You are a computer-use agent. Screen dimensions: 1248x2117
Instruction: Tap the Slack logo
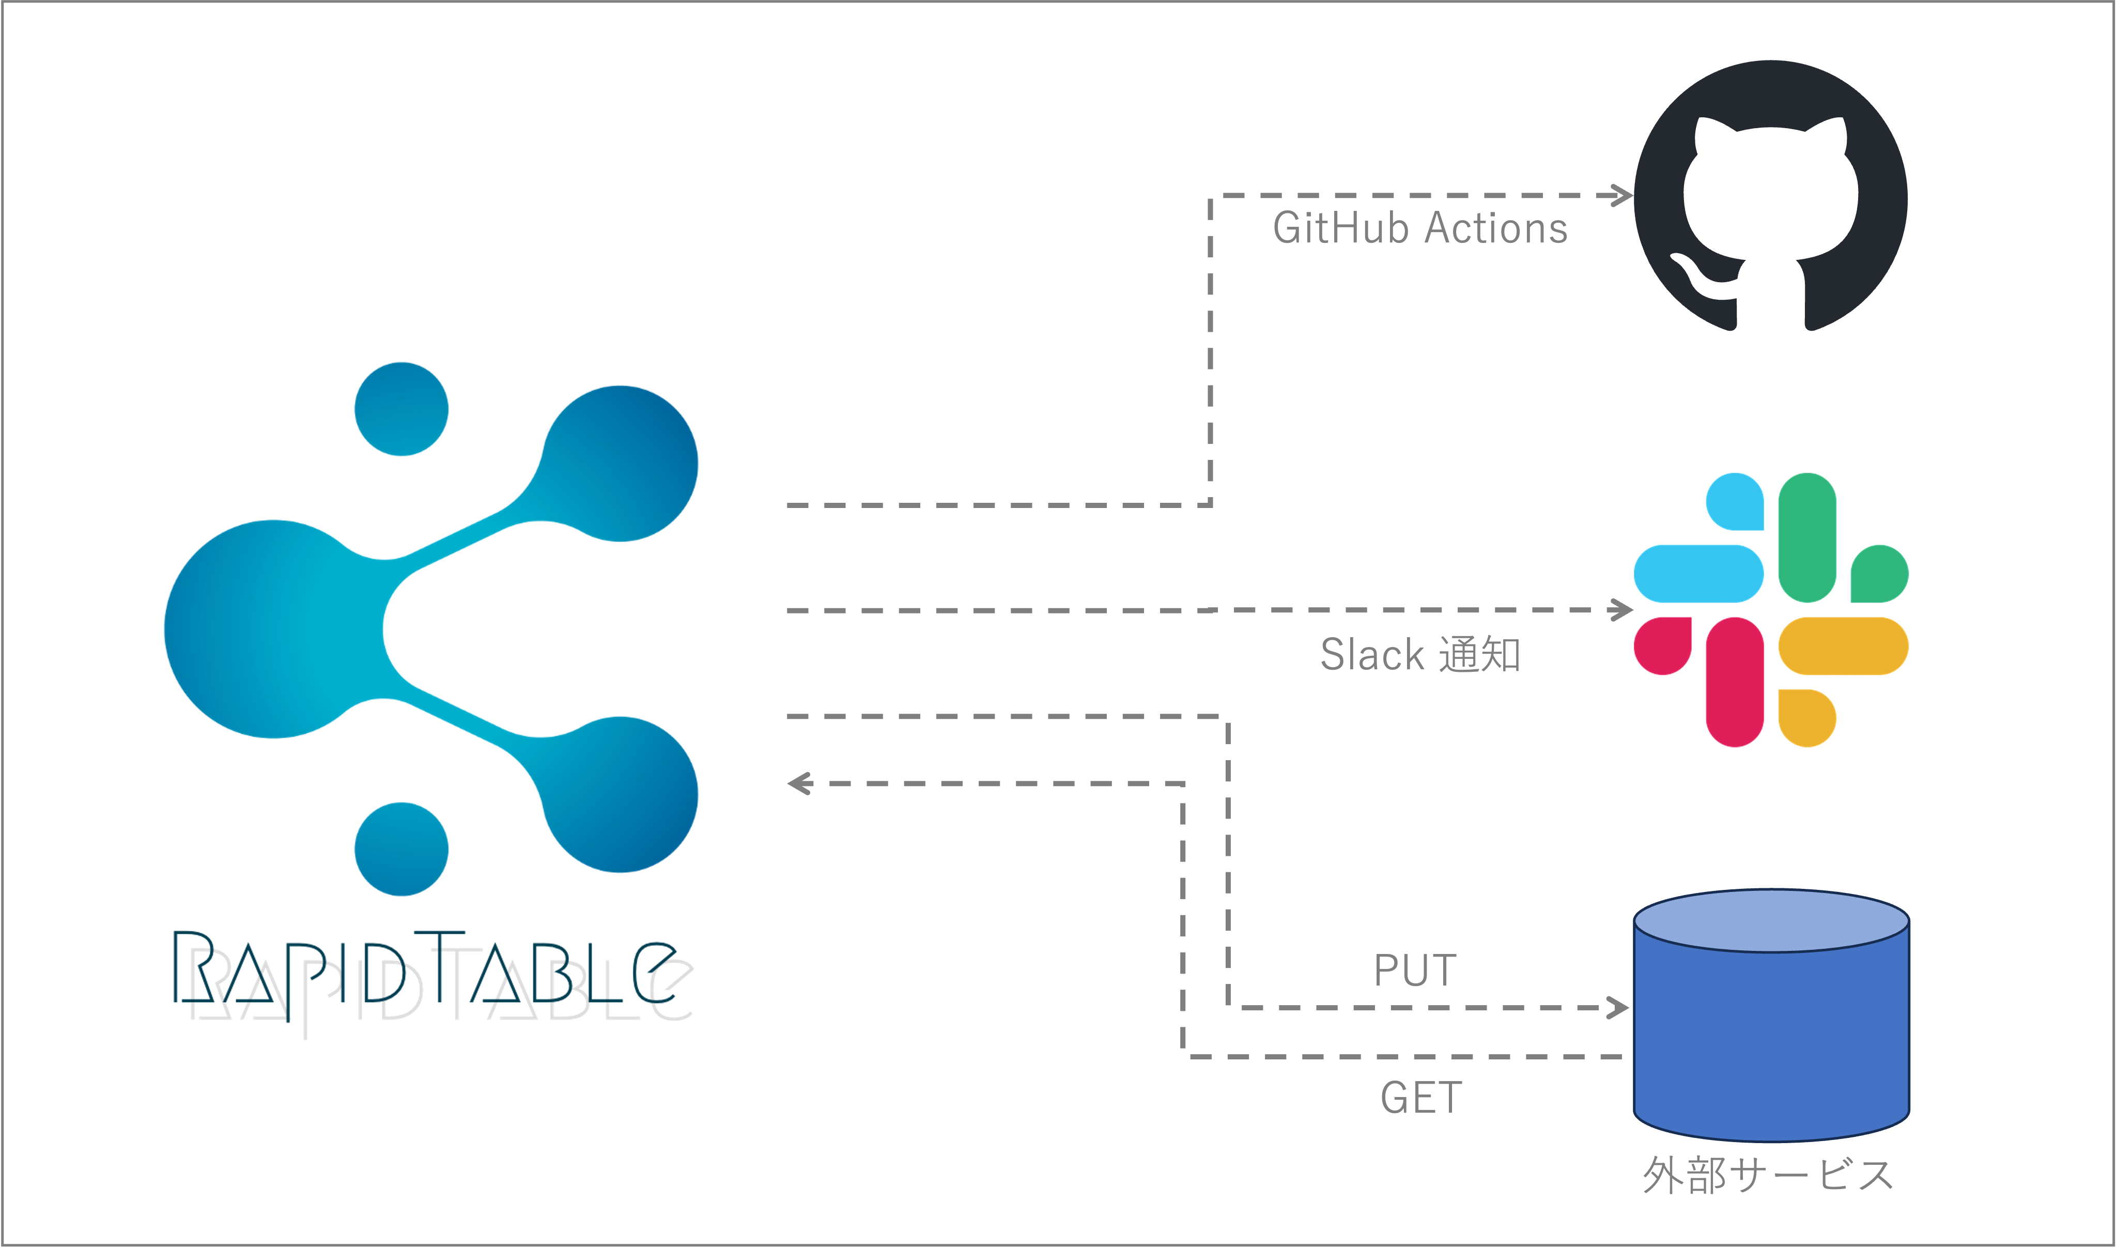coord(1771,610)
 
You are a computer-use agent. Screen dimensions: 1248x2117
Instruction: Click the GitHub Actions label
coord(1420,229)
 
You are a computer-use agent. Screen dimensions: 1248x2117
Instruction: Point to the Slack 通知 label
coord(1420,654)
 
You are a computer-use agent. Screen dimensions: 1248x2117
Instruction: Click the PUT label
coord(1415,970)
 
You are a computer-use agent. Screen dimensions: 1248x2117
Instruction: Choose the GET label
coord(1421,1098)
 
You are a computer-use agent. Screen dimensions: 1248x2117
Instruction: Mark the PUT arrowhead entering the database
coord(1618,1008)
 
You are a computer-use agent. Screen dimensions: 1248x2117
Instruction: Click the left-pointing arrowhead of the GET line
coord(799,784)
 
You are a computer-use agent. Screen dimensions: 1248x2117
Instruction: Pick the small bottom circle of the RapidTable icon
coord(401,849)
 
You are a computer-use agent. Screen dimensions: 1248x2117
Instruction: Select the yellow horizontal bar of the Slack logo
coord(1843,646)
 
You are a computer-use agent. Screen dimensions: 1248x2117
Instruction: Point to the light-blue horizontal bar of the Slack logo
coord(1698,574)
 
